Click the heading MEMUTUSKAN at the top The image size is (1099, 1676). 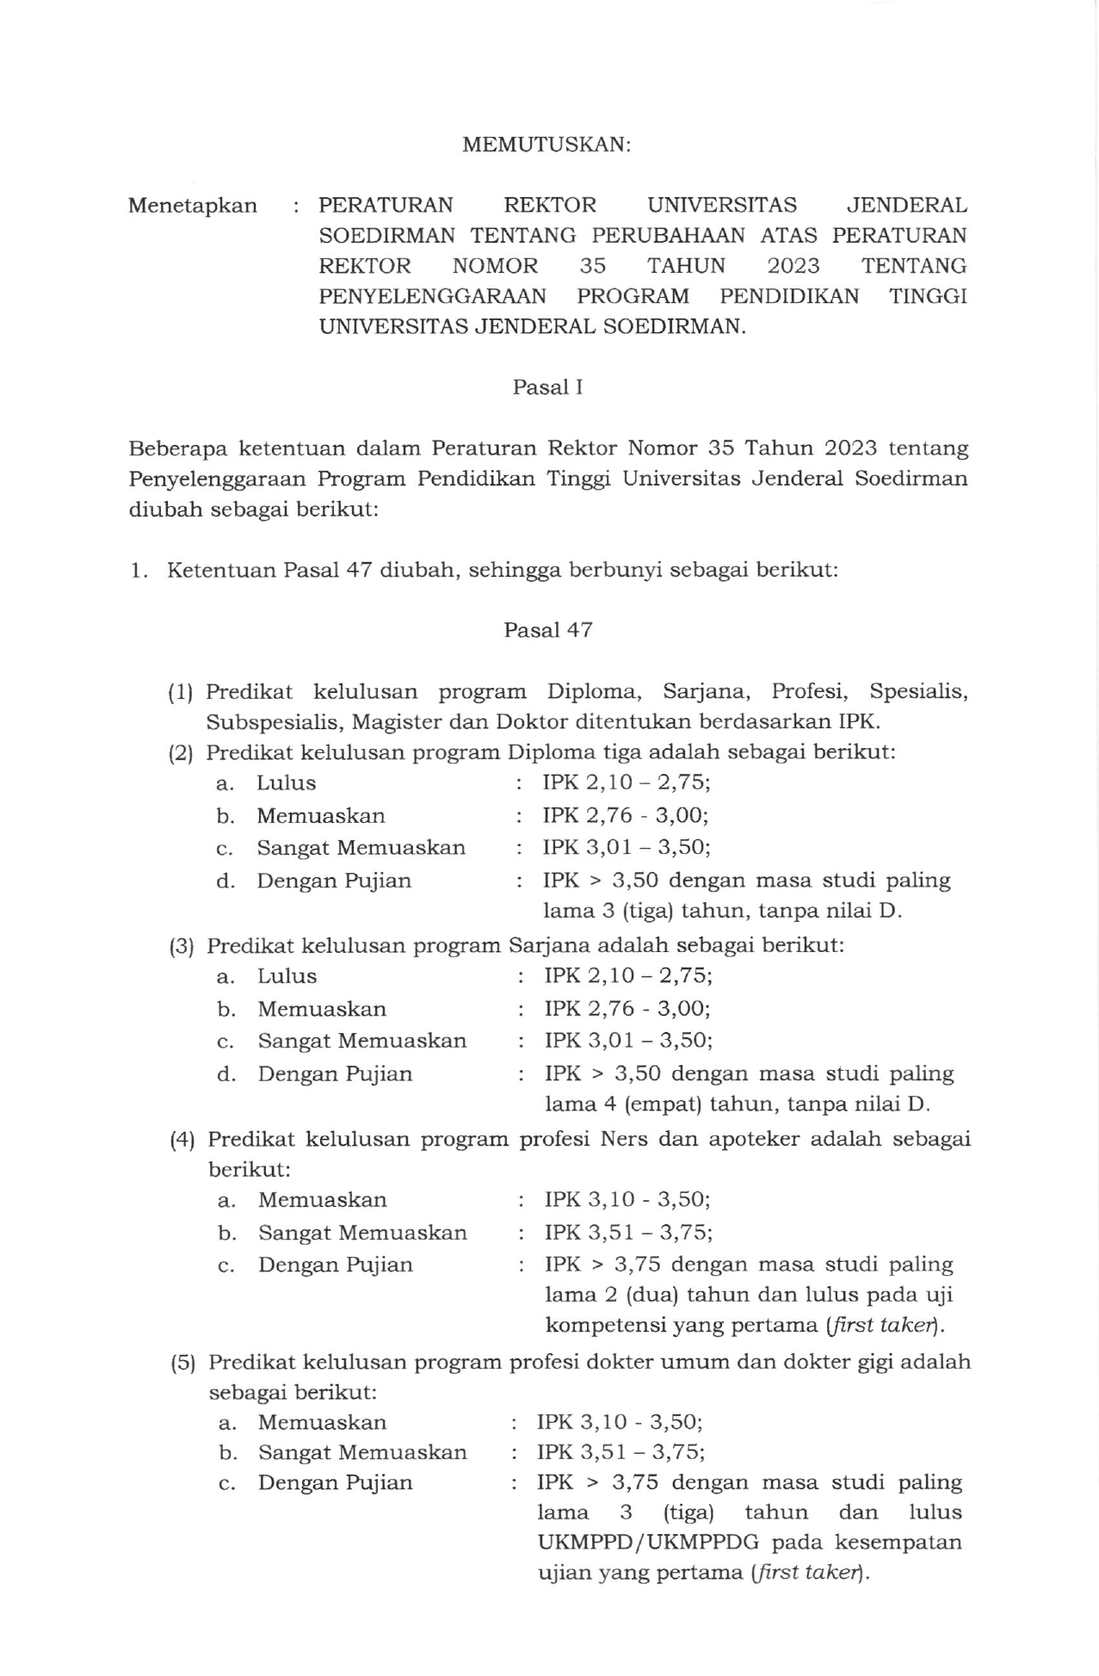click(546, 145)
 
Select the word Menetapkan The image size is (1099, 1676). click(193, 206)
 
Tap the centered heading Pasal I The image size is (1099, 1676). click(548, 387)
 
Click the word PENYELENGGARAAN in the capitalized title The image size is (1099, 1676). click(432, 297)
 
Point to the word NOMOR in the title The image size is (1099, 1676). click(495, 266)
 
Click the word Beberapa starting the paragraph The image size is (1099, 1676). click(176, 448)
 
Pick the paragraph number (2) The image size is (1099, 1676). click(182, 753)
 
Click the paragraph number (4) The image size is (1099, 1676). click(182, 1141)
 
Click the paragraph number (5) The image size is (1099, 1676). click(182, 1363)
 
